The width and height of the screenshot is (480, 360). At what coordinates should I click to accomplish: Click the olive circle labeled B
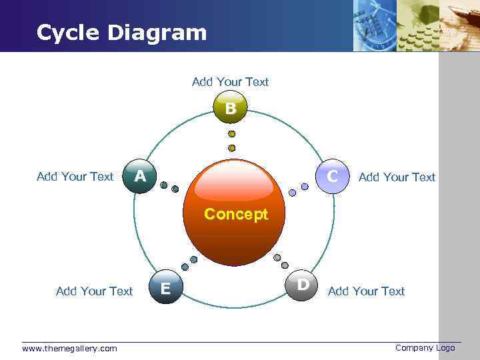pos(230,108)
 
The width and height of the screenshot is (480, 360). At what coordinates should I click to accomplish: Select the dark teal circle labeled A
pos(140,177)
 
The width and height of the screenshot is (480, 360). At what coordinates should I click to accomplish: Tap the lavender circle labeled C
pos(331,176)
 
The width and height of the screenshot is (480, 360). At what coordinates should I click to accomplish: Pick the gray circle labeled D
pos(302,285)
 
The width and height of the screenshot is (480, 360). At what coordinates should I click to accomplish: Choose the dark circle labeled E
pos(165,287)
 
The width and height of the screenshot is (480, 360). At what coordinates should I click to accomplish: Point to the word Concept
pos(236,215)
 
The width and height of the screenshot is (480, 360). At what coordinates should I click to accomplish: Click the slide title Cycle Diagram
pos(122,32)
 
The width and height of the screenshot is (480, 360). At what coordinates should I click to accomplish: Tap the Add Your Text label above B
pos(230,82)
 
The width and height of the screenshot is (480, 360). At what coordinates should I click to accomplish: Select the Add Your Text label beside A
pos(75,177)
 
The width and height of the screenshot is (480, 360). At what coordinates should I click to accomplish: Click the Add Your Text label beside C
pos(397,177)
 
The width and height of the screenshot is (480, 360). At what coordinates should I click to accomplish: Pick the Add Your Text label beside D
pos(366,291)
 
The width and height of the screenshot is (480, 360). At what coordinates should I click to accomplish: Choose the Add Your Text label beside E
pos(95,291)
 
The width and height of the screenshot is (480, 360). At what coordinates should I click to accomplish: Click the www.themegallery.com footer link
pos(69,348)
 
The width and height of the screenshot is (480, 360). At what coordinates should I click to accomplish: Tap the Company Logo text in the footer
pos(425,347)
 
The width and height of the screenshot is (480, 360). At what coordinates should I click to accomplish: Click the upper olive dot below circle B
pos(231,134)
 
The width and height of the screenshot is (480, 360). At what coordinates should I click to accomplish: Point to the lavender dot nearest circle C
pos(305,187)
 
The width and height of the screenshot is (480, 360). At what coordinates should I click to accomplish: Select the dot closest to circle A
pos(164,185)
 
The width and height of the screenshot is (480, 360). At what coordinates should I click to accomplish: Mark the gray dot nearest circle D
pos(285,265)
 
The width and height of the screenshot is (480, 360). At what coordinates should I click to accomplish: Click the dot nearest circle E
pos(185,267)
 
